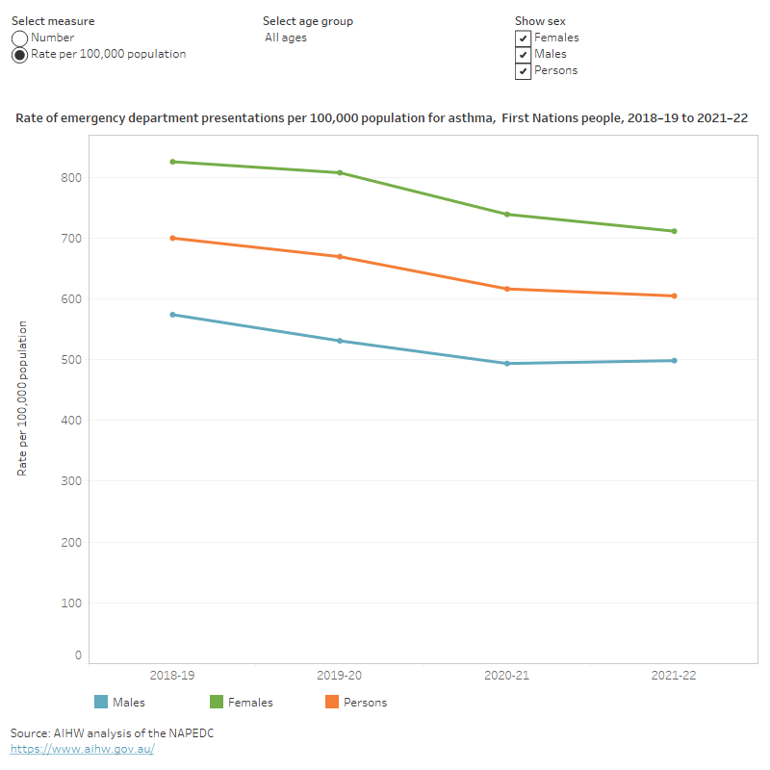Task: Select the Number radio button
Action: click(x=19, y=38)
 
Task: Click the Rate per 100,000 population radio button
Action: click(x=19, y=55)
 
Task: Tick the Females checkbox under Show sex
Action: click(x=523, y=38)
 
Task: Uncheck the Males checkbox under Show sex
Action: click(x=523, y=55)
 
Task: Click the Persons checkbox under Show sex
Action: click(x=523, y=71)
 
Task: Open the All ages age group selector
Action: click(x=286, y=38)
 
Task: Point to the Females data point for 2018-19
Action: click(x=172, y=162)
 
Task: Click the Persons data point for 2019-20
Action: click(x=340, y=257)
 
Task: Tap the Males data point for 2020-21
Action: click(x=507, y=364)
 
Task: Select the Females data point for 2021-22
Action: click(x=674, y=231)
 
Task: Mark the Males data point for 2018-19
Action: click(x=172, y=315)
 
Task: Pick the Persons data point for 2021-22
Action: click(x=674, y=295)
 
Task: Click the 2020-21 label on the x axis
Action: click(x=506, y=676)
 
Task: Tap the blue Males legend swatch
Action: click(x=101, y=702)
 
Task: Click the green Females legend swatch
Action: click(x=217, y=702)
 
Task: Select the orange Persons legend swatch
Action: click(x=332, y=702)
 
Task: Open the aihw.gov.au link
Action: click(x=83, y=749)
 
